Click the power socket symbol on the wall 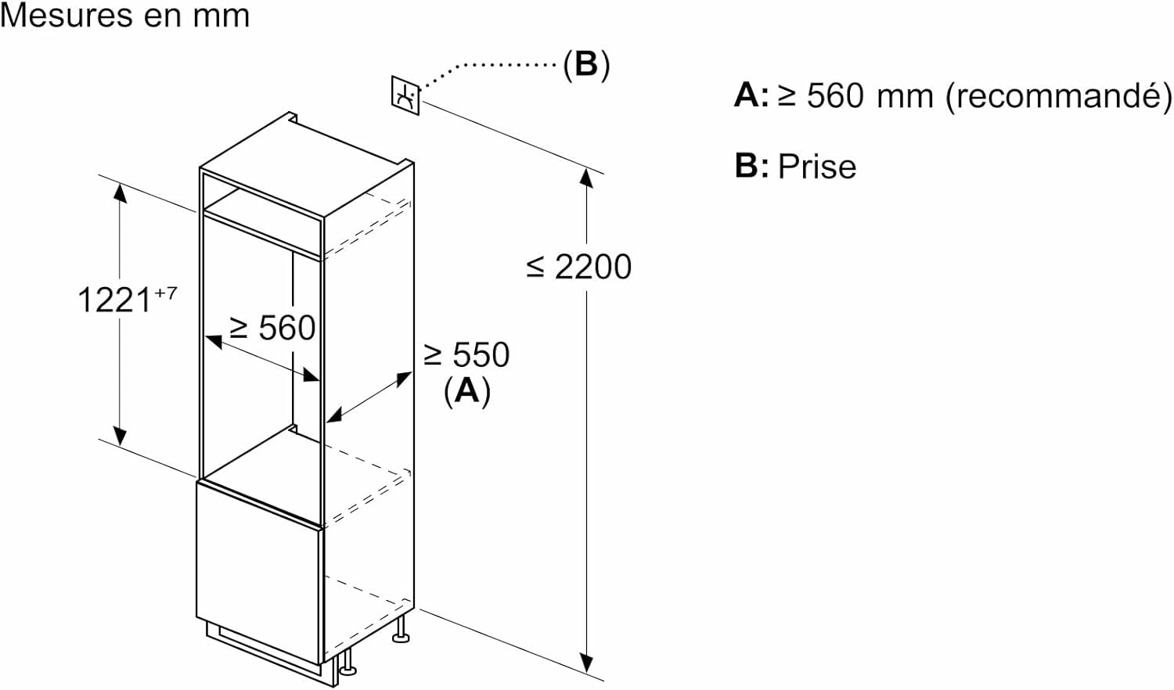(x=405, y=95)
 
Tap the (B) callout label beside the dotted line (x=586, y=64)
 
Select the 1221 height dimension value (x=114, y=300)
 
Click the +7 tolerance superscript (x=165, y=293)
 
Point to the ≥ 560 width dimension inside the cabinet (x=272, y=328)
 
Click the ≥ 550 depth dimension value (x=466, y=355)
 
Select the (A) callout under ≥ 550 (x=466, y=390)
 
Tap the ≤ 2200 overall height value (x=579, y=267)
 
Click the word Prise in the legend (x=817, y=167)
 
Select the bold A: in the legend (x=751, y=95)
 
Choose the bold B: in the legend (x=751, y=166)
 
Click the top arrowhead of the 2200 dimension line (x=586, y=178)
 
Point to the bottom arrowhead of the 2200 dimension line (x=586, y=663)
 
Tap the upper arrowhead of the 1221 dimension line (x=120, y=192)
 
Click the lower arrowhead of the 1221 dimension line (x=120, y=436)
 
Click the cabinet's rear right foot (x=401, y=630)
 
